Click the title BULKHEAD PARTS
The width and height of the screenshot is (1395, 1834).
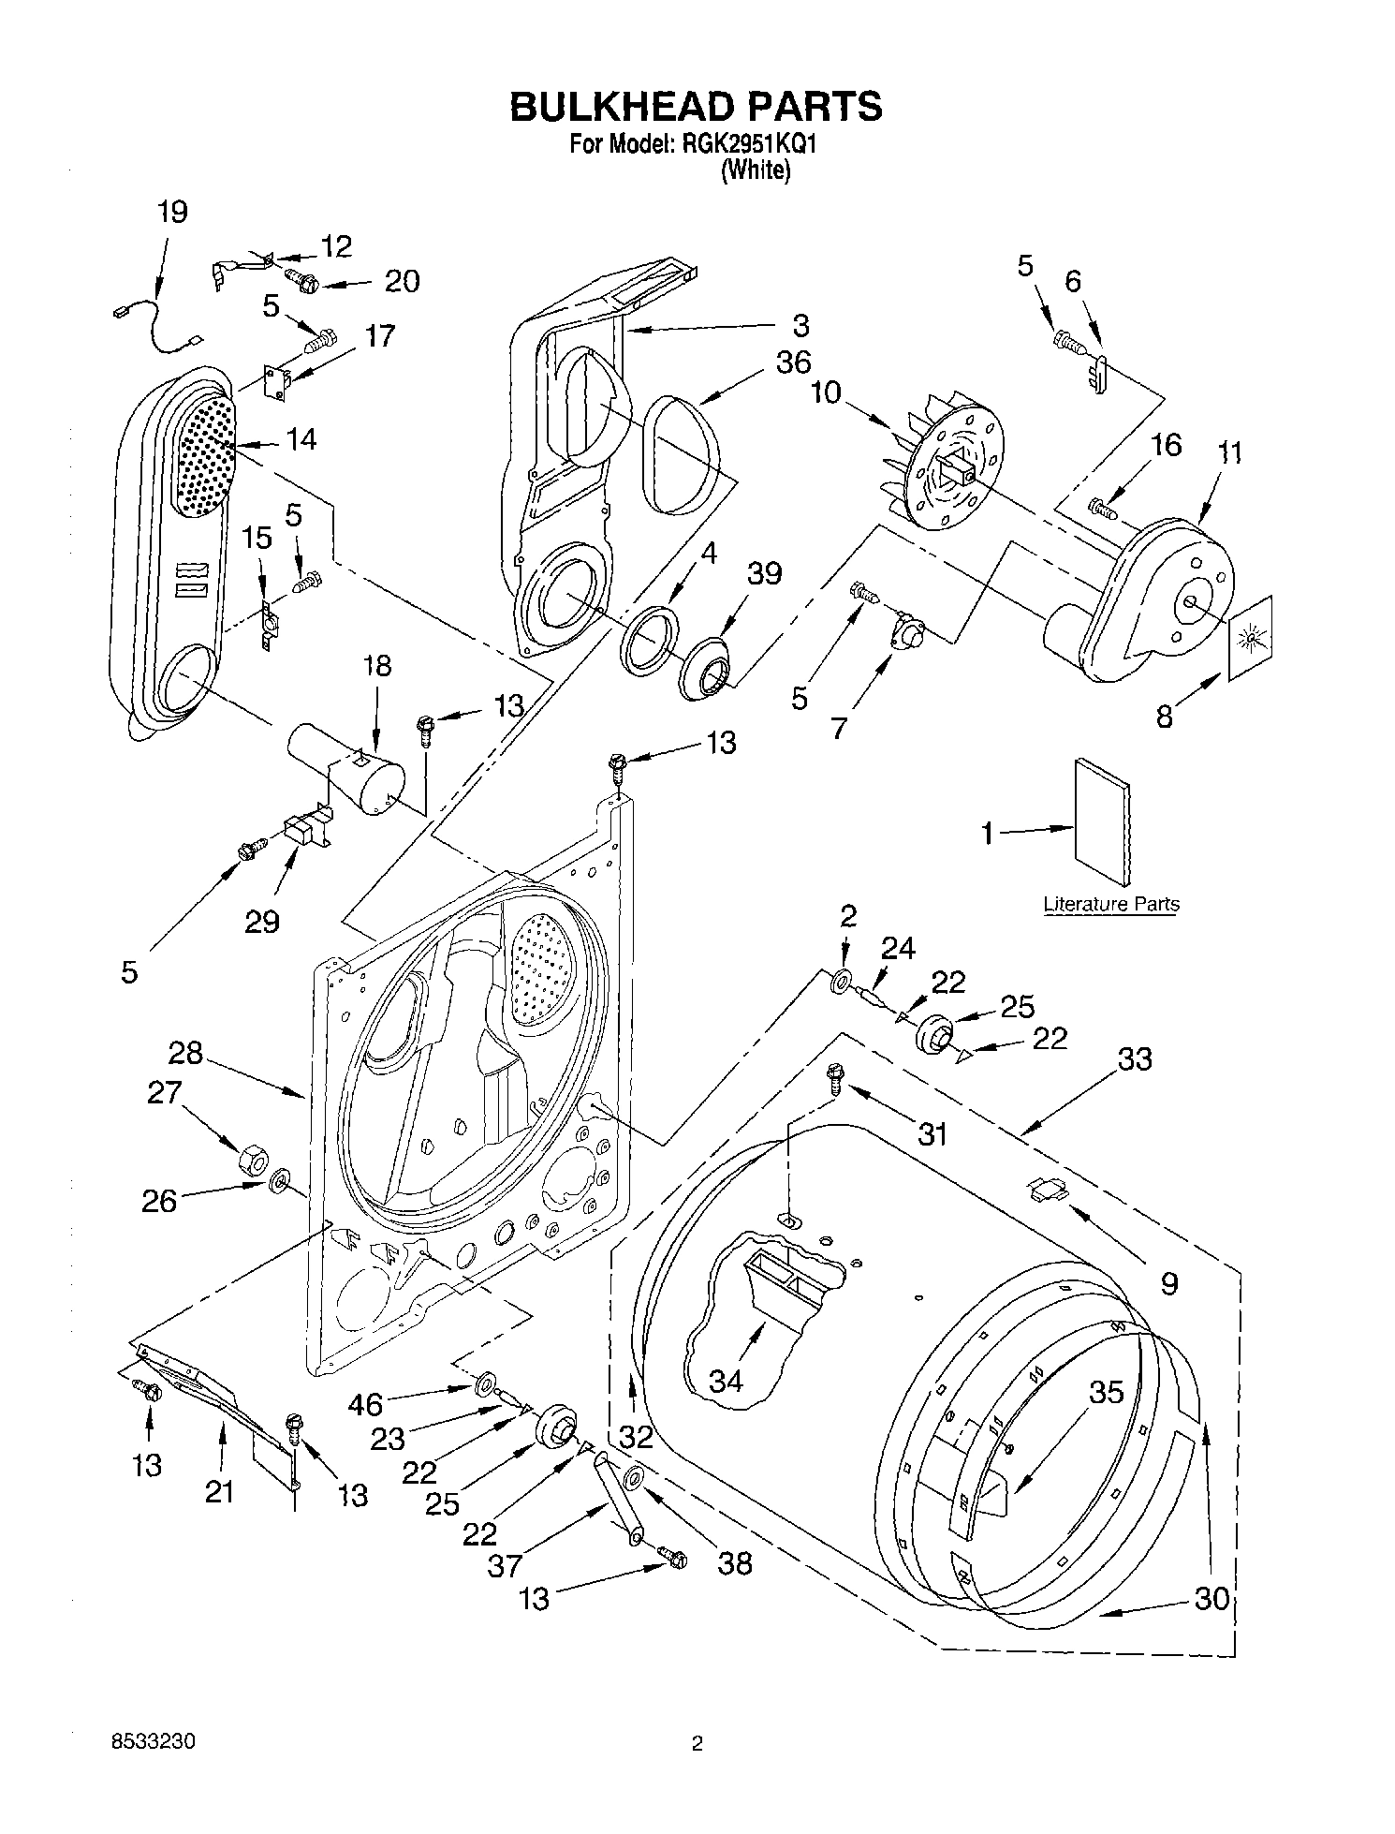(x=696, y=106)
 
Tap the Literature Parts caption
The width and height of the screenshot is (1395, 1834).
(x=1111, y=904)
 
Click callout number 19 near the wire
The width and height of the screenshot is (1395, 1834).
(x=172, y=213)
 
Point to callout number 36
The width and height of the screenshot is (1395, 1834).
(x=793, y=362)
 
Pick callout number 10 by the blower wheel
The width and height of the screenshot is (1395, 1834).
(x=826, y=392)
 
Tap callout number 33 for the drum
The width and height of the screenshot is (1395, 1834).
(x=1134, y=1059)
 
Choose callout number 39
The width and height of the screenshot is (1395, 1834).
(x=764, y=573)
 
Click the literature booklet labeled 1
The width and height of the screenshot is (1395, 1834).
(x=1102, y=821)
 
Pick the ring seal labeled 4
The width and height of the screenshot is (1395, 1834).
(x=649, y=640)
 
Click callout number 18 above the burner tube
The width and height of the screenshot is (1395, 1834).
(x=377, y=667)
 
